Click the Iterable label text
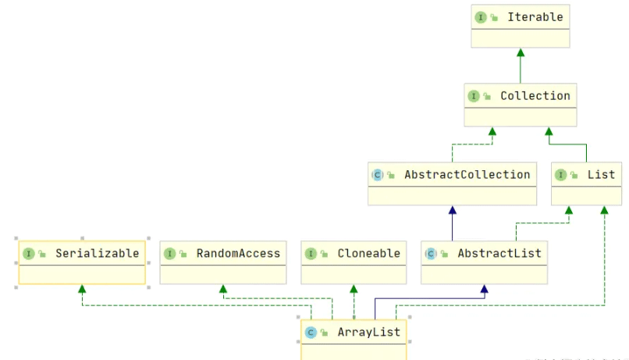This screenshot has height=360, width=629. (535, 16)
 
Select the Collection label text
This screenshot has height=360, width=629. (535, 95)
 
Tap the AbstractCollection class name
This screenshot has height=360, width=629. (467, 174)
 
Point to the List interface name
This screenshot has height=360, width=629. (601, 174)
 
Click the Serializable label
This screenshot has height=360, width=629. (97, 253)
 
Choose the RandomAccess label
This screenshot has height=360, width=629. (238, 253)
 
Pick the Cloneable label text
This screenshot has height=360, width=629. (368, 253)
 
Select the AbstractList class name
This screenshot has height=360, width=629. (499, 253)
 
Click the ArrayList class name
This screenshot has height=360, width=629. (368, 332)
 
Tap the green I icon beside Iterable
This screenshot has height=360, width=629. (481, 16)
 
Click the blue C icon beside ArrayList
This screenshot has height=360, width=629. (311, 332)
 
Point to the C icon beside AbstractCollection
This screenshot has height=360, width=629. (378, 175)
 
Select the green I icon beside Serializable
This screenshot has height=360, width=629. (29, 253)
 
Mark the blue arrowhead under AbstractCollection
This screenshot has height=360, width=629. (452, 210)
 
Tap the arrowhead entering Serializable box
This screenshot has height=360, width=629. (82, 289)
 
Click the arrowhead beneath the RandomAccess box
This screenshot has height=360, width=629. (223, 289)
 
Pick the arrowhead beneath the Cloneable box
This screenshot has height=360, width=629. (354, 289)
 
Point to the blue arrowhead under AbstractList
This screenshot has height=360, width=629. (484, 289)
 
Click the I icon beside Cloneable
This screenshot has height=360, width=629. (311, 253)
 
